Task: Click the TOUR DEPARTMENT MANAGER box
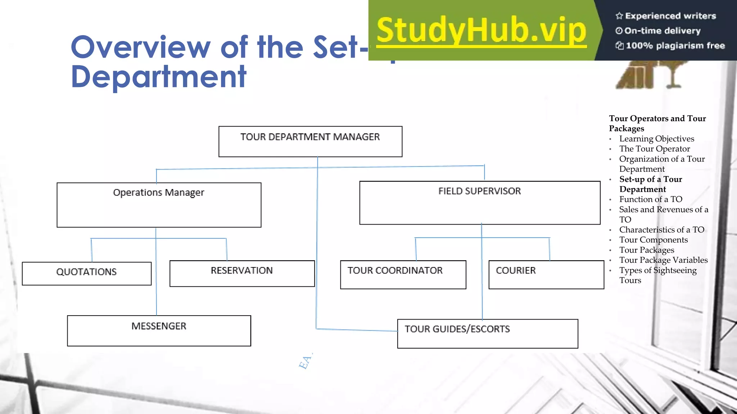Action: [310, 141]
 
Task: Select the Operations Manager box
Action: [159, 204]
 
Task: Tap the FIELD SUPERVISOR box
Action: [480, 203]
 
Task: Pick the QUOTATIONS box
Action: [86, 273]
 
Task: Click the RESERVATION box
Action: [242, 273]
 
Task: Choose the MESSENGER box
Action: [159, 331]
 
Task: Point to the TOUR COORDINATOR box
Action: [403, 275]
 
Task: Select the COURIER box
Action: [546, 275]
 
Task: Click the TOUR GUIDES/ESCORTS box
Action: [487, 333]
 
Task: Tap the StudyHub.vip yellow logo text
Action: [481, 31]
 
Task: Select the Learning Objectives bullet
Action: [656, 139]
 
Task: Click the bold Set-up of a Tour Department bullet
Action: [651, 184]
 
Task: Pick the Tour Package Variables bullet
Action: [663, 260]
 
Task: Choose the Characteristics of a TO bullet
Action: [661, 230]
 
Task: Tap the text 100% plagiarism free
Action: [675, 46]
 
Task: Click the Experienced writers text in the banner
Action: [670, 16]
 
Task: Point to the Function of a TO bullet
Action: [651, 199]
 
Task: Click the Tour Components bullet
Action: [653, 240]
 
